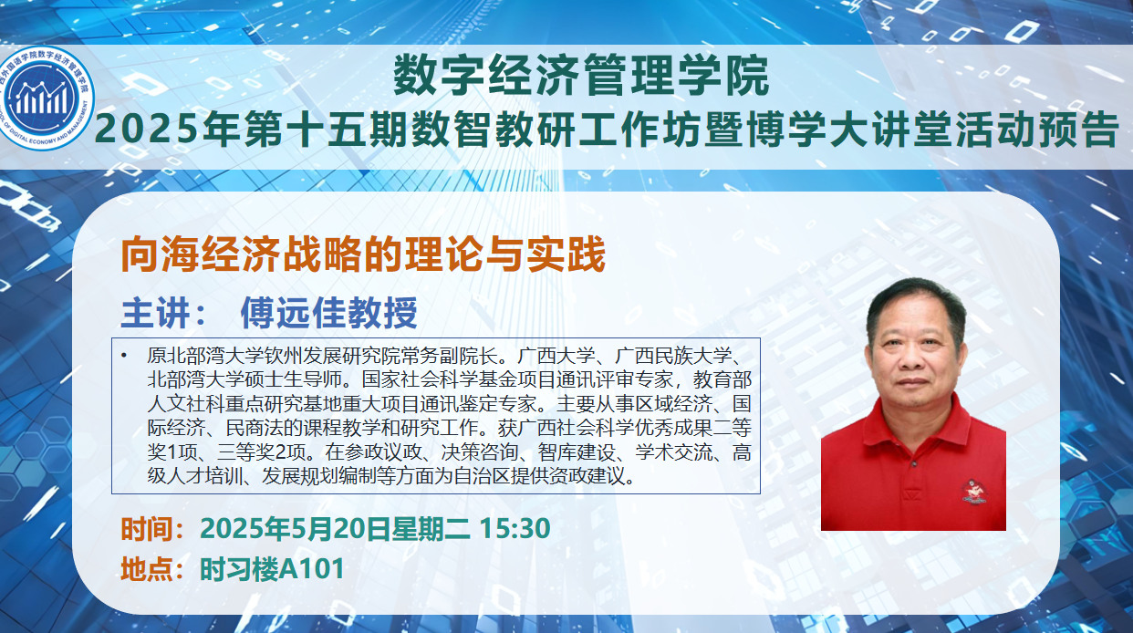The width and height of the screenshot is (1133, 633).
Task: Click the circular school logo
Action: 47,98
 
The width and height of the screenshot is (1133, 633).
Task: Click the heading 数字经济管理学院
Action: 581,76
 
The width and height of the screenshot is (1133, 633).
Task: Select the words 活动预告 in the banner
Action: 1034,130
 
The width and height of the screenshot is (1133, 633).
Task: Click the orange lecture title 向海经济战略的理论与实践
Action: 363,254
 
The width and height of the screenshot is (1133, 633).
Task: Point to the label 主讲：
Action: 163,314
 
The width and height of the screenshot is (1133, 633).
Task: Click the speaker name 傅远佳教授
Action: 328,313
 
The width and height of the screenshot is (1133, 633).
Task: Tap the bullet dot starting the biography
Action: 124,357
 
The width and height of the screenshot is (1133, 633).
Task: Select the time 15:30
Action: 515,528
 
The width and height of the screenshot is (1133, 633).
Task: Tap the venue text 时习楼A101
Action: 272,569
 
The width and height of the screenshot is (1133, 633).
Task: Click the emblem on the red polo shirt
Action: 973,492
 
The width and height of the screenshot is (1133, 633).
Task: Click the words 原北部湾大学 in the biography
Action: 205,356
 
